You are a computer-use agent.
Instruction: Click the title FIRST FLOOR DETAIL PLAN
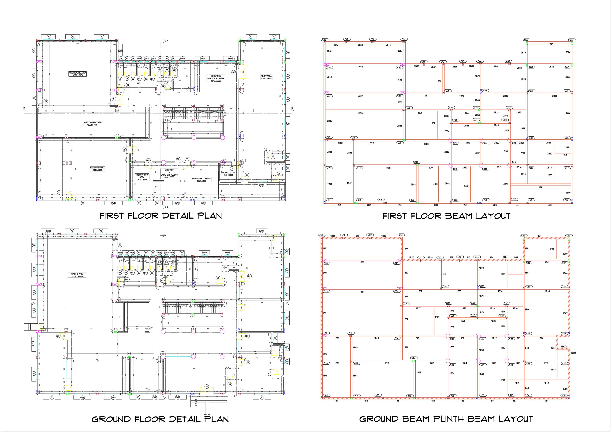point(161,216)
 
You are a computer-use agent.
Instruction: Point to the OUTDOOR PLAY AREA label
point(93,124)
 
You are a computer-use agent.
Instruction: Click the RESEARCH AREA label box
point(97,169)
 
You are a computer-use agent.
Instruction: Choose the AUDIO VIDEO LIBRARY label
point(201,180)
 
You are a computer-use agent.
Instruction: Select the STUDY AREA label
point(266,78)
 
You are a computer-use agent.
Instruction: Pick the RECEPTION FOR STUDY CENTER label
point(216,79)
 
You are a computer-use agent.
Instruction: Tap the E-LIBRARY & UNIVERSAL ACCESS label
point(169,173)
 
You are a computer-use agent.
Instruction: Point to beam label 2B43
point(336,45)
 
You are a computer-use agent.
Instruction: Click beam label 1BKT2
point(573,353)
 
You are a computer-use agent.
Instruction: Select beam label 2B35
point(361,67)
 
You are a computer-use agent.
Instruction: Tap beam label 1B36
point(362,263)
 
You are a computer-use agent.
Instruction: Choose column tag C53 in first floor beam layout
point(571,40)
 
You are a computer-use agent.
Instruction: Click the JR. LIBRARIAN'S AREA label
point(142,177)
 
